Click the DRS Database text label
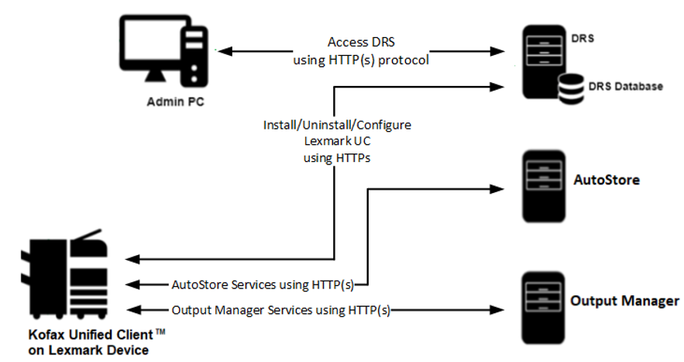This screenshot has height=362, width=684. click(x=626, y=86)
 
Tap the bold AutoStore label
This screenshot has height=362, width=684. click(x=607, y=180)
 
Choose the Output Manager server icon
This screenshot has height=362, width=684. click(x=539, y=302)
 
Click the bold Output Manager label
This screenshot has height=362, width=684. click(x=624, y=301)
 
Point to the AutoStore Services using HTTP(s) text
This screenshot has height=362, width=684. click(x=262, y=284)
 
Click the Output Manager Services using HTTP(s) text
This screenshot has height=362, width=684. click(x=280, y=310)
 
